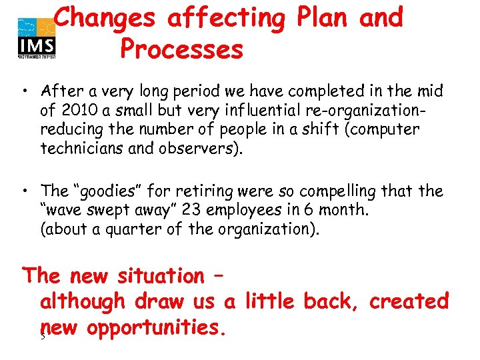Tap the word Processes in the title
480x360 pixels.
coord(182,49)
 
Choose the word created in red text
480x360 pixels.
coord(409,301)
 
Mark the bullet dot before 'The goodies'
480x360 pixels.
coord(24,192)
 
